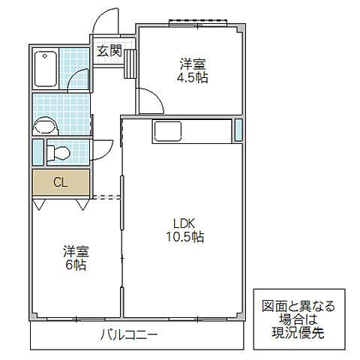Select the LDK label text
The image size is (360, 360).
tap(183, 223)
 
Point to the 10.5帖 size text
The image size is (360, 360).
tap(184, 237)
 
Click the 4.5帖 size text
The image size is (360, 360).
tap(192, 77)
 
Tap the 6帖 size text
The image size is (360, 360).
tap(75, 264)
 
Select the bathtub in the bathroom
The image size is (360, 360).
tap(46, 68)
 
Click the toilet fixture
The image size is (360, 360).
tap(58, 153)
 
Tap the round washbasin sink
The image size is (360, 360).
tap(45, 125)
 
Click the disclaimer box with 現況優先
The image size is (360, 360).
tap(298, 319)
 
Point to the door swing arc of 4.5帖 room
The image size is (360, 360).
tap(148, 98)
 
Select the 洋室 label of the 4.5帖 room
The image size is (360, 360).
tap(191, 64)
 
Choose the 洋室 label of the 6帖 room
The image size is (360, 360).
tap(75, 250)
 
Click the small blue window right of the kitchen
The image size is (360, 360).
tap(238, 130)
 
